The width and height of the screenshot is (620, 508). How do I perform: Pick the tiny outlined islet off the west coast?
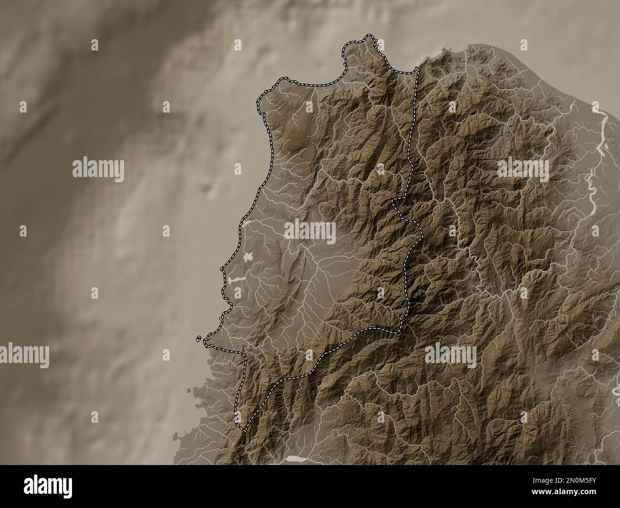pos(198,339)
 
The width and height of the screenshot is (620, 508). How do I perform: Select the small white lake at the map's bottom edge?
pos(296,459)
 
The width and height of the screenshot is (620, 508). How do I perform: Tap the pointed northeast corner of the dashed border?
pos(417,70)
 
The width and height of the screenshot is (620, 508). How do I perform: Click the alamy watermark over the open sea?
pos(98,170)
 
